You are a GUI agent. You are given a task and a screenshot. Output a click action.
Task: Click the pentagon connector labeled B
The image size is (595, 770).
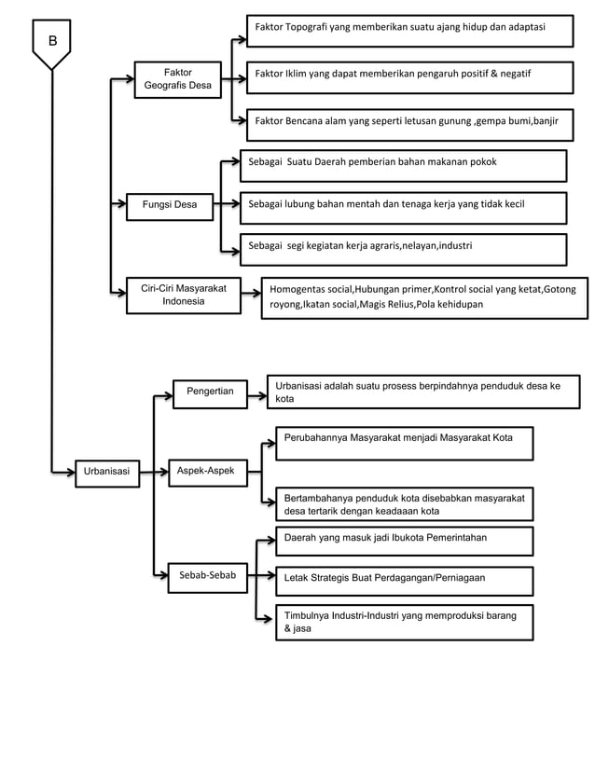tap(51, 45)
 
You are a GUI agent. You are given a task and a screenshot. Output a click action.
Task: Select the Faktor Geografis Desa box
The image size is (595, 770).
tap(177, 80)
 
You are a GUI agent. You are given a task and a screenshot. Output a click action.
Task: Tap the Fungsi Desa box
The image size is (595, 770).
tap(169, 204)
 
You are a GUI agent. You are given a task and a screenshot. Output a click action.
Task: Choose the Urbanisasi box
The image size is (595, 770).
tap(106, 473)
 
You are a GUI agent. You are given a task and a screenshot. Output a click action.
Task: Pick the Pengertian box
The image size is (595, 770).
tap(210, 392)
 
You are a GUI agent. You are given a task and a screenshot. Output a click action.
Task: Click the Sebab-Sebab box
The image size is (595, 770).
tap(207, 577)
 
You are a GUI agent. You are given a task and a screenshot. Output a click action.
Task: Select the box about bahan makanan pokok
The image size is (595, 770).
tap(403, 164)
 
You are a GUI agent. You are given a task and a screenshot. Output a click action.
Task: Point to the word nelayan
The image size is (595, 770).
tap(421, 247)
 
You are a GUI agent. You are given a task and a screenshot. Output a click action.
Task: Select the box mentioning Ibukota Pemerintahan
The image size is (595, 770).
tap(404, 540)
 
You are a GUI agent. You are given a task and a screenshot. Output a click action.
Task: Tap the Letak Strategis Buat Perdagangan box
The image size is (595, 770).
tap(404, 579)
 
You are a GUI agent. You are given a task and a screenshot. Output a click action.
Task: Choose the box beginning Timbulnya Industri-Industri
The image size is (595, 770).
tap(404, 623)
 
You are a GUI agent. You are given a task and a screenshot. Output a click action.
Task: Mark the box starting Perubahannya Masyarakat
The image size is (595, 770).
tap(404, 443)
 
